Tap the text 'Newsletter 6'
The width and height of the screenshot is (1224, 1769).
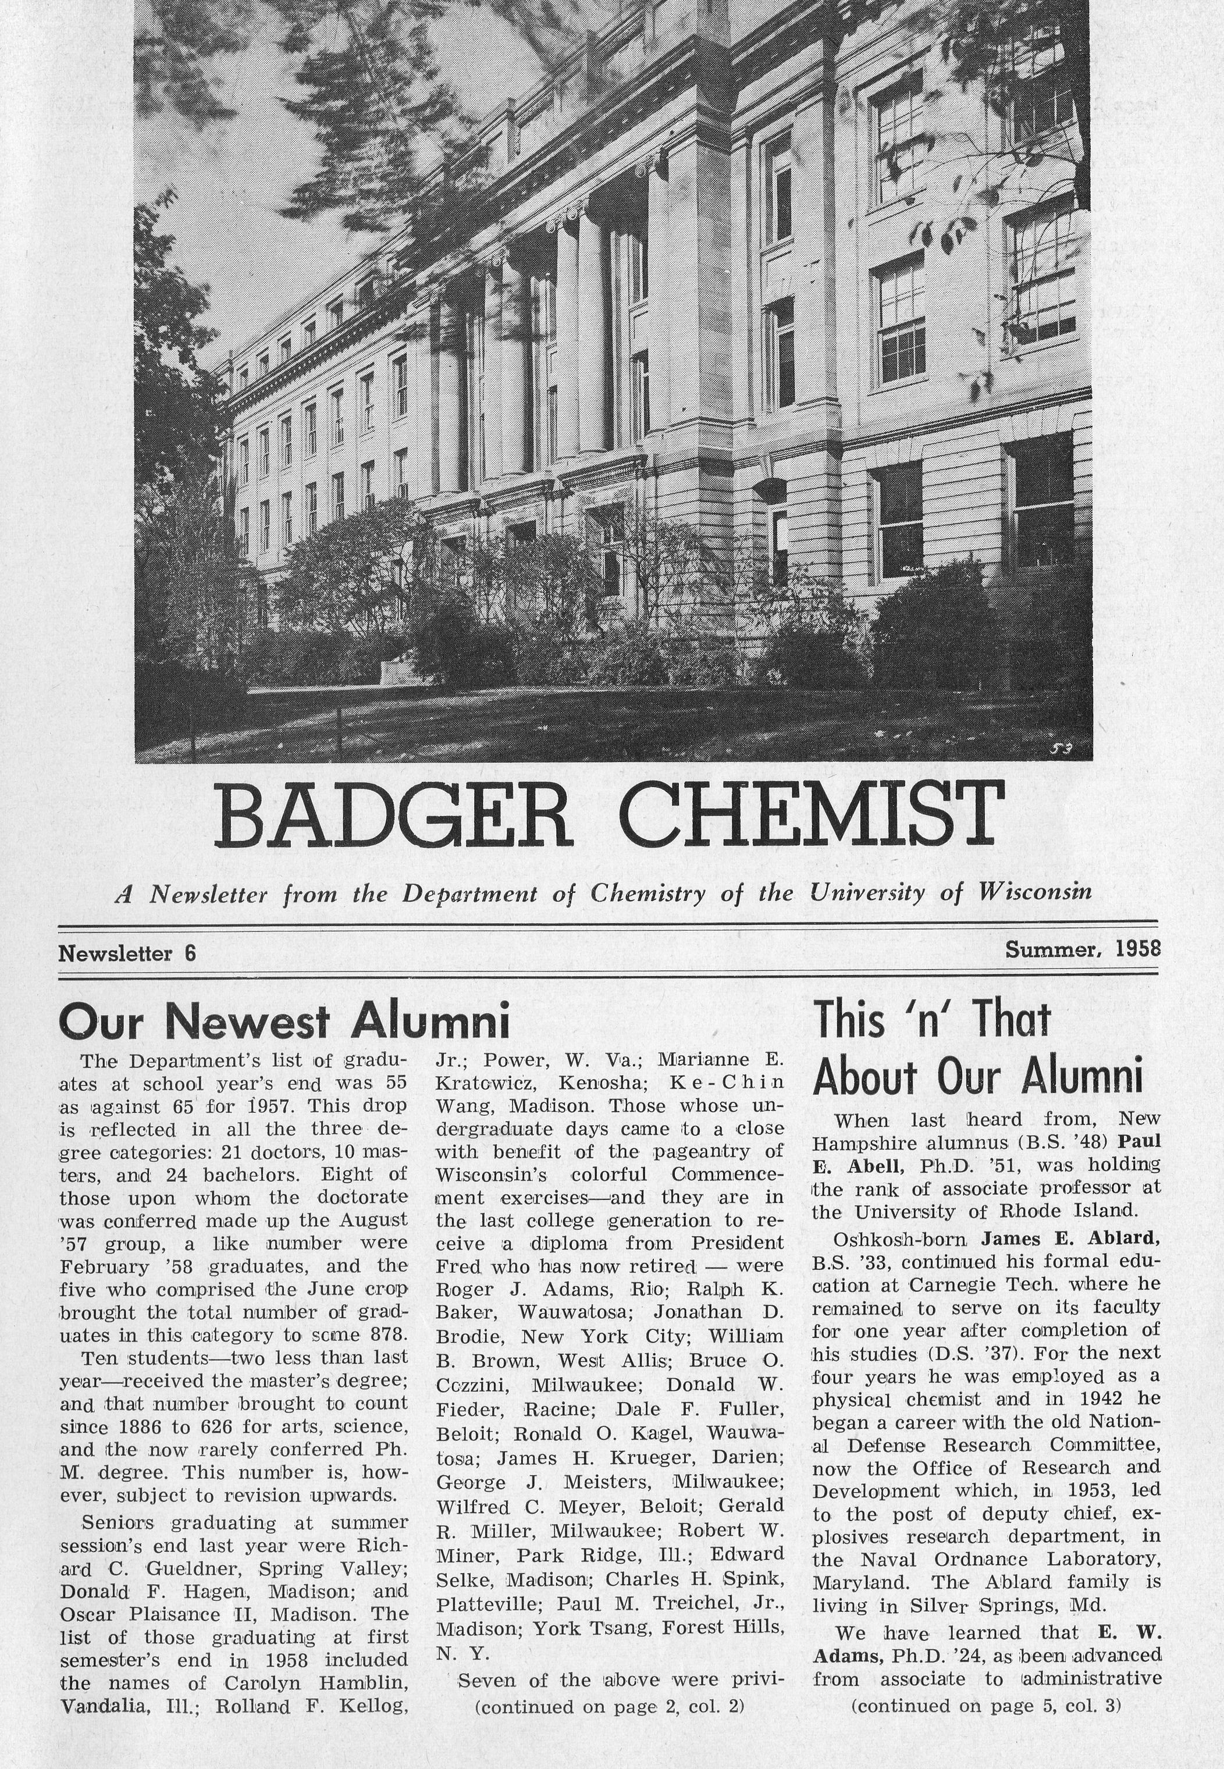[x=127, y=953]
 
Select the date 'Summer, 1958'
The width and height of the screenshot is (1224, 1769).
[x=1082, y=950]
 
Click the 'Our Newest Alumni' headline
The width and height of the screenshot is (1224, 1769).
[x=284, y=1021]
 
